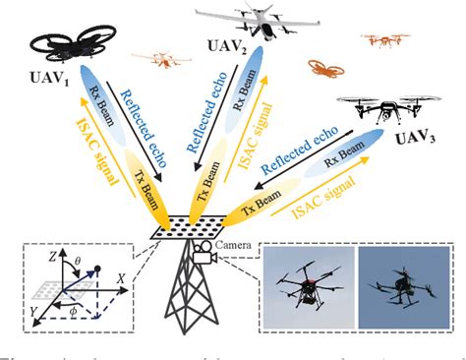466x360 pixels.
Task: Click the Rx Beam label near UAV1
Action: pyautogui.click(x=96, y=104)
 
